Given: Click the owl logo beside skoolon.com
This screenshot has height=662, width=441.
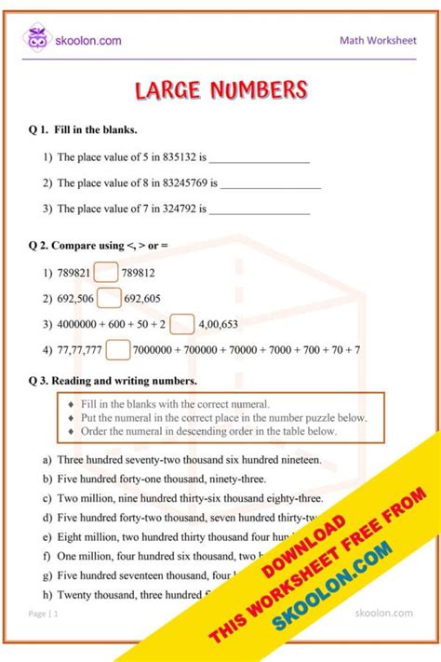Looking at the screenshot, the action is click(36, 40).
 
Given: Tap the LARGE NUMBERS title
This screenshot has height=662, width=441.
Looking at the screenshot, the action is click(220, 90).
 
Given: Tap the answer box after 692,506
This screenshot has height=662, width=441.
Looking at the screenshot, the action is click(110, 298).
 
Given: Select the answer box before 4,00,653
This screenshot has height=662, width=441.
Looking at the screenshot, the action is click(182, 324).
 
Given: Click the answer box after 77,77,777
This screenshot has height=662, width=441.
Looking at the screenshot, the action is click(117, 350).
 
